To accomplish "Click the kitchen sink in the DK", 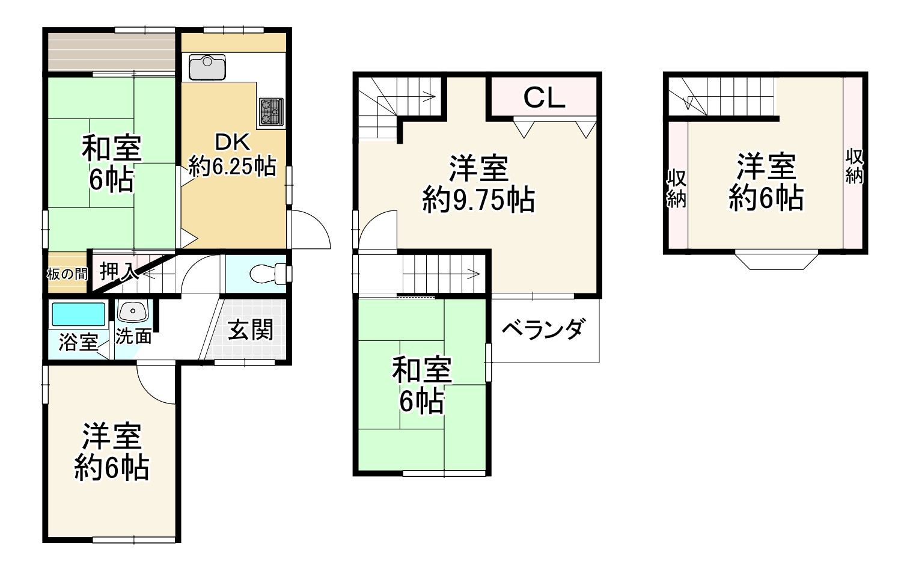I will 207,67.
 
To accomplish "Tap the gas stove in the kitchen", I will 270,112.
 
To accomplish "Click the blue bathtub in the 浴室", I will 78,314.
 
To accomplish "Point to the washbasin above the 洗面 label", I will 132,312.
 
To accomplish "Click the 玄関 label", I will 251,330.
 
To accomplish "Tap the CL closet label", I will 544,97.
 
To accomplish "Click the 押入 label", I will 118,272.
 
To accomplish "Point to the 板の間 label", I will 66,274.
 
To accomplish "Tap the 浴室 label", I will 78,343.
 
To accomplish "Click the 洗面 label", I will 133,336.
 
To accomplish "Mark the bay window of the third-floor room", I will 775,260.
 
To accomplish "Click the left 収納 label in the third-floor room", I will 676,189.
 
